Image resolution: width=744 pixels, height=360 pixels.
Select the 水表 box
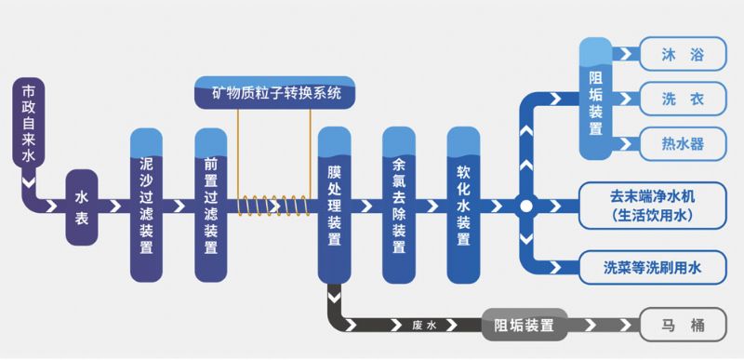click(82, 207)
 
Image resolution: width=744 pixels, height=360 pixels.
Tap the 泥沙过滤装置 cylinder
click(146, 206)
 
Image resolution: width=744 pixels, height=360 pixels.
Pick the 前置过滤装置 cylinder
click(211, 206)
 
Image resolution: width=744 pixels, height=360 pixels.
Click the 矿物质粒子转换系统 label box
click(276, 93)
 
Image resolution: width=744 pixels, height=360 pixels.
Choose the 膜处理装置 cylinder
click(335, 206)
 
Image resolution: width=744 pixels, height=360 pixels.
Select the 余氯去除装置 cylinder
click(399, 206)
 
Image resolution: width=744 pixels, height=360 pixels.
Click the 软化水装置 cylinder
click(464, 206)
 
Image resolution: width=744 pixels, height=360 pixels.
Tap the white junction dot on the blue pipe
click(525, 206)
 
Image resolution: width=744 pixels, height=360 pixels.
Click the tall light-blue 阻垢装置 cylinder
click(596, 98)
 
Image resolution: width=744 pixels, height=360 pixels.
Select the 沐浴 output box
click(684, 53)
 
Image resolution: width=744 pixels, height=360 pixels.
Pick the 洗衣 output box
click(684, 98)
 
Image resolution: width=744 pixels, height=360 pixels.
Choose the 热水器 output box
click(684, 143)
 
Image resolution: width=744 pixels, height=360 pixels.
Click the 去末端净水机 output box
click(653, 206)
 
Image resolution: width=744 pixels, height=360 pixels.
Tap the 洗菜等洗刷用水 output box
click(653, 268)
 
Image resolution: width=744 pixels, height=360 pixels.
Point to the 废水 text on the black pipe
click(422, 326)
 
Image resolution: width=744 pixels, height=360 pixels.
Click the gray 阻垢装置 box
click(524, 326)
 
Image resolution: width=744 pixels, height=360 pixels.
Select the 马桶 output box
click(684, 326)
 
